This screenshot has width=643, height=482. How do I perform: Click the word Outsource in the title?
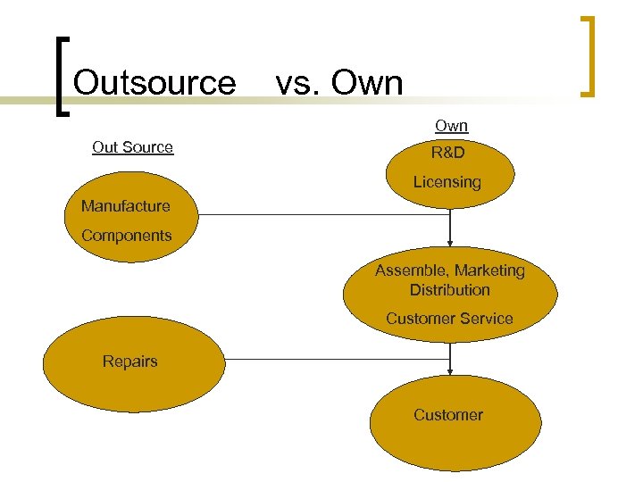point(154,83)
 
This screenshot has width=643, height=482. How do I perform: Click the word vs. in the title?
point(298,84)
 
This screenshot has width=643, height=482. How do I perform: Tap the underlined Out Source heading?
point(132,147)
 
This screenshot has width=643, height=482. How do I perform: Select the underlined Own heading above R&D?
point(451,127)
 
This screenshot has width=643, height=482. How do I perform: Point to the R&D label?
point(447,154)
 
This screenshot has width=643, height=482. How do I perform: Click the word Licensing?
point(447,182)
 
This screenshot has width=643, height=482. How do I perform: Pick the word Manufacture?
point(125,206)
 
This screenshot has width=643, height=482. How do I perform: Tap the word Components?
point(126,236)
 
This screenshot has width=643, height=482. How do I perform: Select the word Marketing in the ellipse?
point(490,270)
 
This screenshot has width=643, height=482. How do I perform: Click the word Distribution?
point(449,290)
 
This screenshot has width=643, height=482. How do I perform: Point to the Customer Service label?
point(449,319)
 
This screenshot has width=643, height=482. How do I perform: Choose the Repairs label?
point(129,361)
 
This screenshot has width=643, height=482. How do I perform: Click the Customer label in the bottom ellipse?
point(447,415)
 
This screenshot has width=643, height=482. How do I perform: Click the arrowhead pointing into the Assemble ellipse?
point(451,241)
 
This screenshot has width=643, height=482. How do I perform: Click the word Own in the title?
point(367,84)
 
